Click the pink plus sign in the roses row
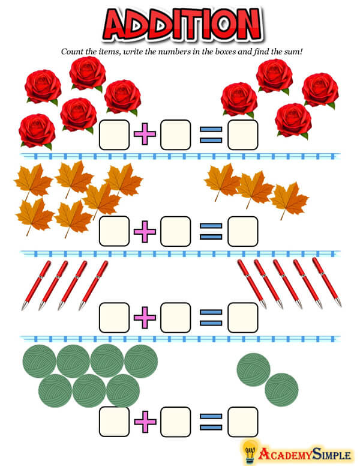tap(144, 135)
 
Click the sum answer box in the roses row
tap(243, 135)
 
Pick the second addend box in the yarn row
tap(176, 422)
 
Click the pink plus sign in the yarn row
tap(144, 422)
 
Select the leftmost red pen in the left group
tap(36, 285)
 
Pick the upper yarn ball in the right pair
tap(254, 369)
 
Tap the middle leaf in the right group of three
tap(254, 189)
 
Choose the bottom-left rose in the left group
tap(37, 130)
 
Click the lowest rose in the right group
tap(293, 120)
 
